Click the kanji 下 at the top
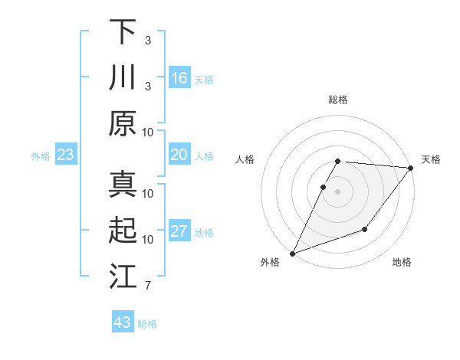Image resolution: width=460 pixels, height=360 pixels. tap(123, 32)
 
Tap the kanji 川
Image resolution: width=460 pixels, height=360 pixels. tap(123, 77)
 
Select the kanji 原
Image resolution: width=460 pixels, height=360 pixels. tap(123, 123)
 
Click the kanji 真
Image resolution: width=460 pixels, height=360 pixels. tap(123, 184)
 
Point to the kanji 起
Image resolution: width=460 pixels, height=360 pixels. tap(123, 230)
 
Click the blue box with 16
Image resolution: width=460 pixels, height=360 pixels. tap(179, 78)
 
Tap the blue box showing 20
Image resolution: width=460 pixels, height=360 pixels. tap(179, 155)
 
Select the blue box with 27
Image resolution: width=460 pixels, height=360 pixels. tap(179, 232)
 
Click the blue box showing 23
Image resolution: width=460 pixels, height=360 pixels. tap(66, 155)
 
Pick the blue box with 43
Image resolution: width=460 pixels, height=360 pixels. tap(123, 322)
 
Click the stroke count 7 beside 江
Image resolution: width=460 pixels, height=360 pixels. tap(147, 286)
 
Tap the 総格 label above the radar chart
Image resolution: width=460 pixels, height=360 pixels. tap(337, 100)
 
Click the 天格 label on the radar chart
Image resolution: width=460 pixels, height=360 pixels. tap(432, 159)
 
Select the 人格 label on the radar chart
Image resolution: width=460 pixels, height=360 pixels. tap(245, 159)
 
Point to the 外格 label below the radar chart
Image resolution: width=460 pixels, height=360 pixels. tap(270, 262)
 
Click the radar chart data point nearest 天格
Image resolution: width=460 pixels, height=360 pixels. tap(411, 169)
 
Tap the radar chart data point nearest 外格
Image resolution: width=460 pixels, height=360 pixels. tap(292, 254)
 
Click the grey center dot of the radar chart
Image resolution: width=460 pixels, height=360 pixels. tap(337, 191)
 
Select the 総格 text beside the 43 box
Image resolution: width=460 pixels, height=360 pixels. tap(147, 324)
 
